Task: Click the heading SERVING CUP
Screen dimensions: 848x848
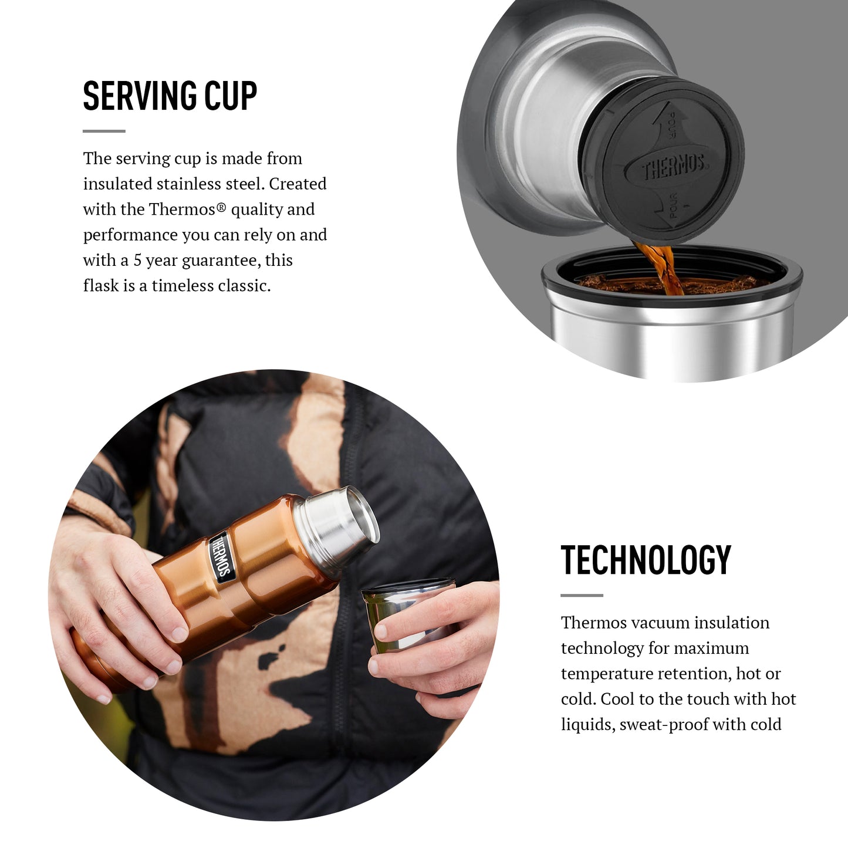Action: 170,96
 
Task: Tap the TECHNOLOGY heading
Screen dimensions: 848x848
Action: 646,560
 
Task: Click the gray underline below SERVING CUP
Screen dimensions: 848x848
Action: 104,131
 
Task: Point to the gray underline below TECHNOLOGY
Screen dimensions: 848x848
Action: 582,596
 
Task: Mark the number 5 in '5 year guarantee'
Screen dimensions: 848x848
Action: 137,261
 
